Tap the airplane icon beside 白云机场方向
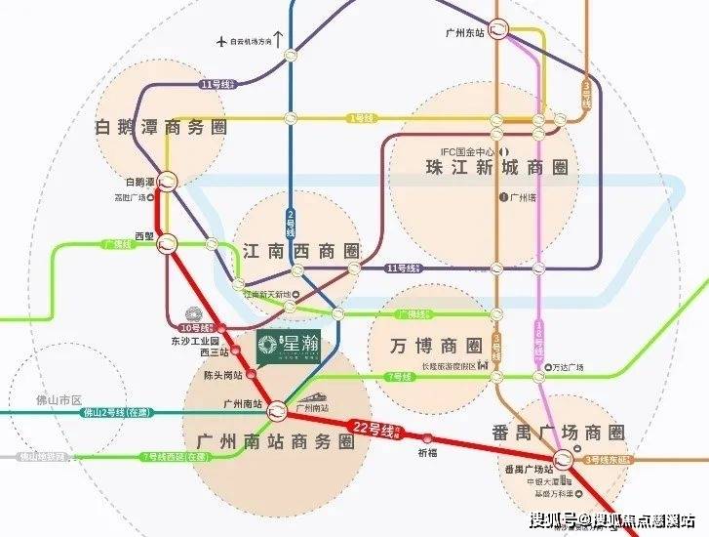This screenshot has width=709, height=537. point(222,41)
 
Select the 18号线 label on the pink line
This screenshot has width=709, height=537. point(536,344)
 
